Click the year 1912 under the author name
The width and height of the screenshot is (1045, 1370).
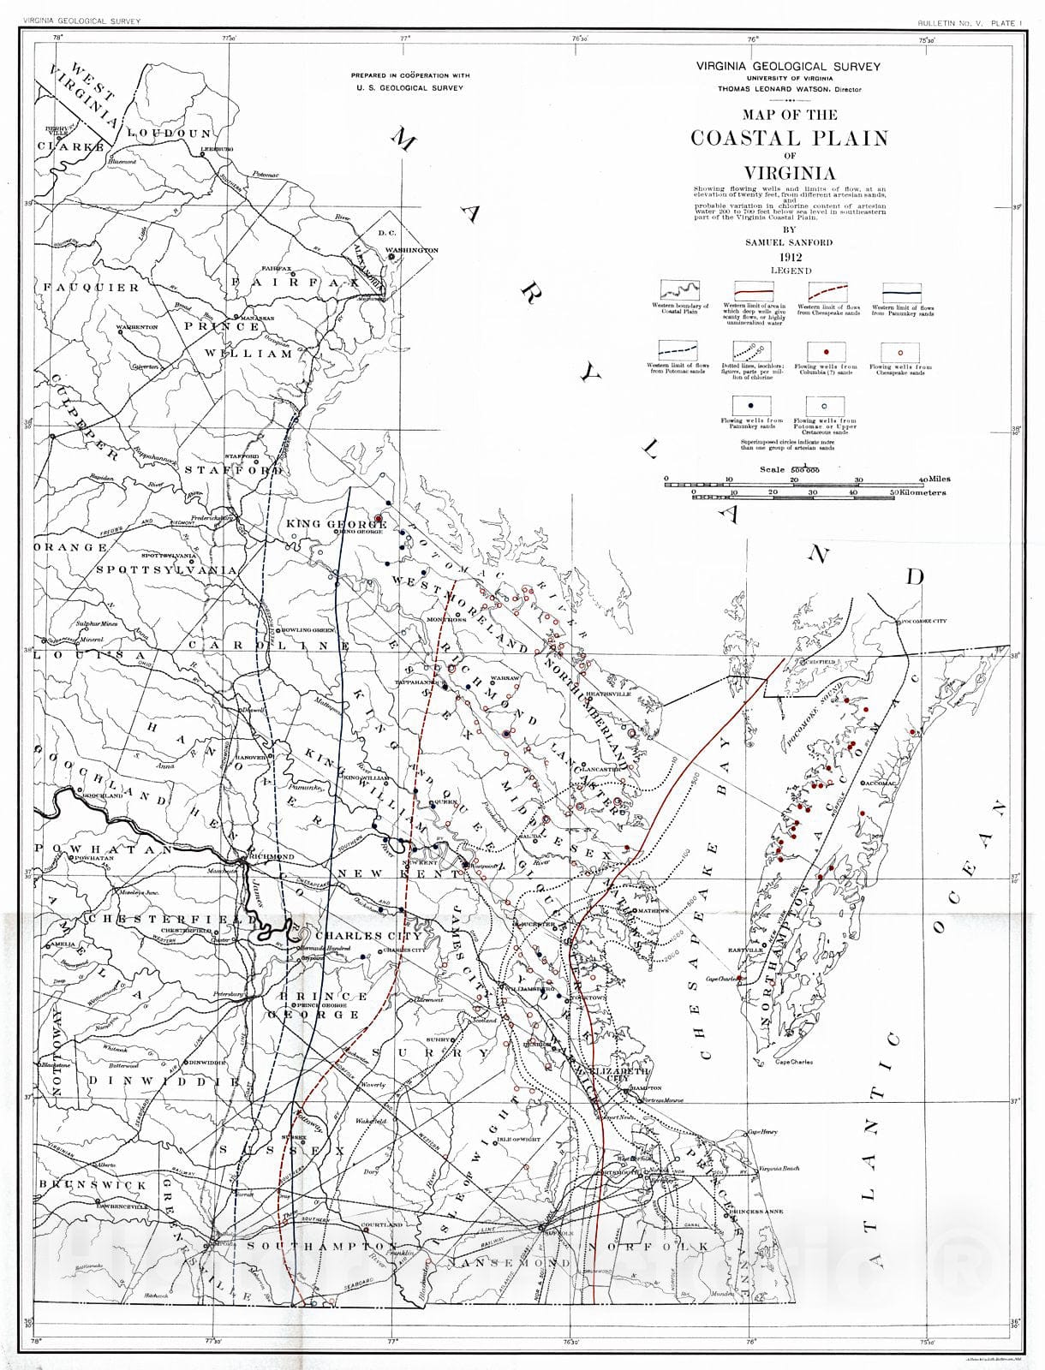(790, 256)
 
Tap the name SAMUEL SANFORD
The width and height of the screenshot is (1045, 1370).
(789, 242)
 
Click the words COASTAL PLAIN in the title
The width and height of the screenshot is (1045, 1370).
(789, 138)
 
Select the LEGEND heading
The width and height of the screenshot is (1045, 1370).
(790, 271)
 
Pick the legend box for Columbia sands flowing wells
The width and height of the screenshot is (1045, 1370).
(826, 352)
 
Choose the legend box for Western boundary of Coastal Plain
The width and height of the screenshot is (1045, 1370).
(679, 291)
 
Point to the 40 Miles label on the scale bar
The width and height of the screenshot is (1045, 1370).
(934, 479)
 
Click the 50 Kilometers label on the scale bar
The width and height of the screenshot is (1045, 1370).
(918, 493)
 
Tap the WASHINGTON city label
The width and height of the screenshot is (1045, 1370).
(411, 250)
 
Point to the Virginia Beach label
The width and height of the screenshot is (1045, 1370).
(778, 1169)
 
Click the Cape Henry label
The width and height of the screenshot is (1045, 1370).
(761, 1132)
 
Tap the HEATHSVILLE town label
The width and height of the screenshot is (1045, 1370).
(607, 694)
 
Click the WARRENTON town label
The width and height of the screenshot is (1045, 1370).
(138, 327)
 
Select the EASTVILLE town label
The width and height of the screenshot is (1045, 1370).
(745, 950)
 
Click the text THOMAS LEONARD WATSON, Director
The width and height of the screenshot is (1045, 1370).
(790, 89)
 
